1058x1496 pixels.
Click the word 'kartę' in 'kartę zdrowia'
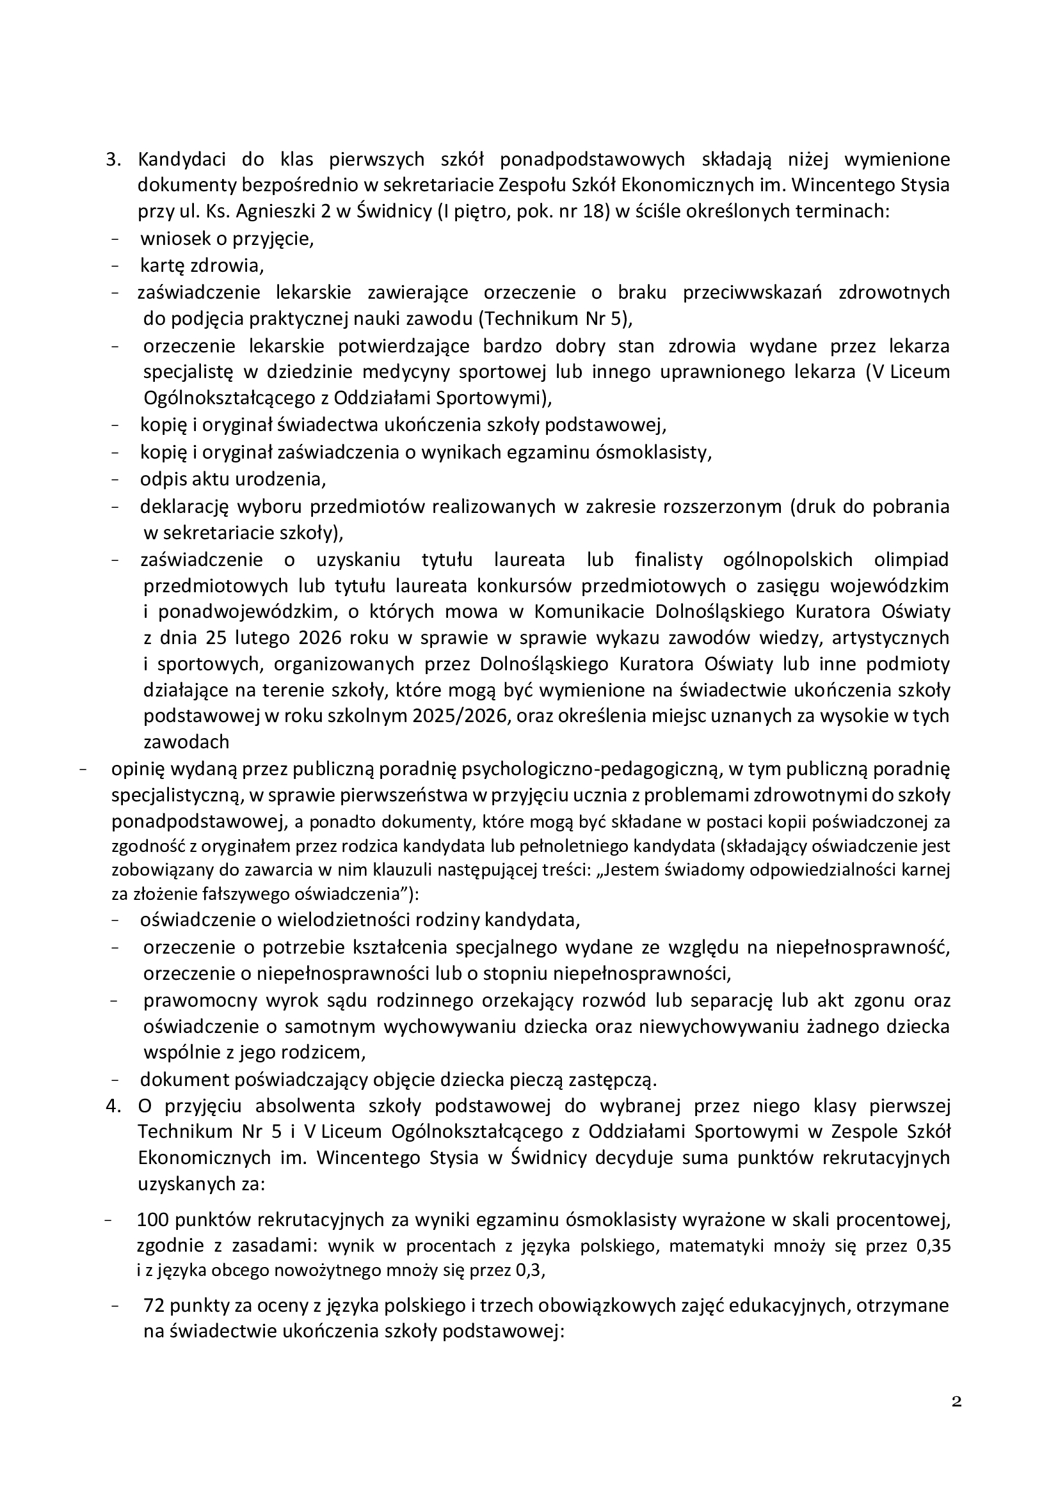(x=161, y=266)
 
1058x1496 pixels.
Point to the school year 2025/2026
(x=461, y=716)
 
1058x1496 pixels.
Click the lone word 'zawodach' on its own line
(x=186, y=742)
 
